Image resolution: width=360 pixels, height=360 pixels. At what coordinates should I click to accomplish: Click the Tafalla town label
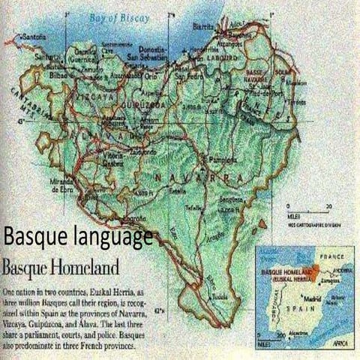click(x=195, y=207)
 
